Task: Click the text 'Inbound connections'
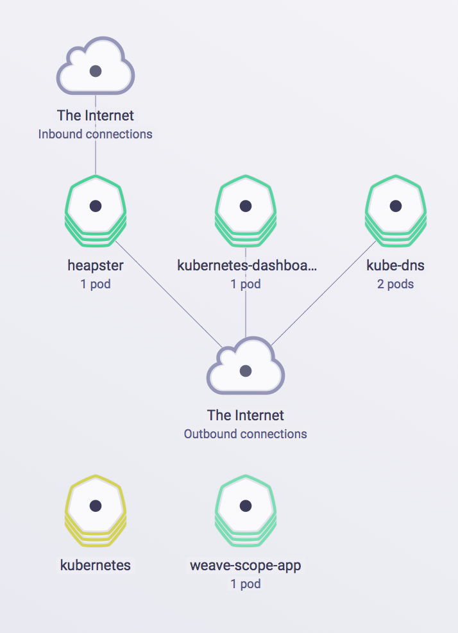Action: [x=96, y=135]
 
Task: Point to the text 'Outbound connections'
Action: [x=246, y=434]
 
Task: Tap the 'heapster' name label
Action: [x=96, y=265]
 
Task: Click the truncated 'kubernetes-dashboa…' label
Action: [x=247, y=265]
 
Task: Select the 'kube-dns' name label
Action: [x=396, y=265]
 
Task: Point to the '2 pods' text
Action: [x=396, y=284]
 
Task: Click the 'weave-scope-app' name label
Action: [x=246, y=566]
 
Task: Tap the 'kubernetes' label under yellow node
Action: [x=96, y=566]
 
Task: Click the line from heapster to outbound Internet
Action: [x=168, y=295]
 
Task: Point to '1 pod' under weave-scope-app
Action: [x=246, y=584]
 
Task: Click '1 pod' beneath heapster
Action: [x=96, y=284]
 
